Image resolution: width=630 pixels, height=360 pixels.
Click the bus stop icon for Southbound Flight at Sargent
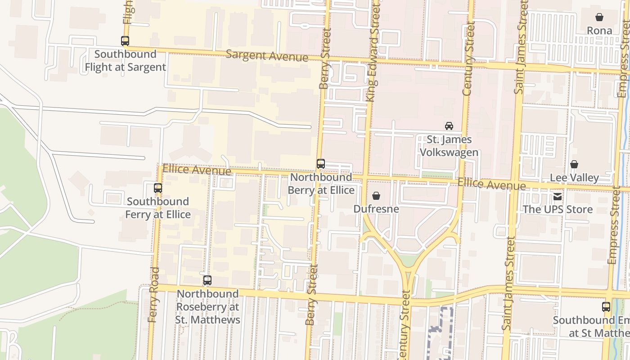pos(125,41)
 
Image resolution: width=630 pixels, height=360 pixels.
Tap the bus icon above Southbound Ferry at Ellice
pos(158,188)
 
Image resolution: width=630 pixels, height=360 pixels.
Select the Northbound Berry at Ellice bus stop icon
pos(321,164)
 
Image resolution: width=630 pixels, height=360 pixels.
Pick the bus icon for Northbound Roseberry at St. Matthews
pos(207,280)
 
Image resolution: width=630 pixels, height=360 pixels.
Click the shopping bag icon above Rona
pos(599,17)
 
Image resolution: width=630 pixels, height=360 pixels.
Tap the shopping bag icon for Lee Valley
pos(574,164)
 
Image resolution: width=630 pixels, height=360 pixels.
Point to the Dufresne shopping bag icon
pos(376,196)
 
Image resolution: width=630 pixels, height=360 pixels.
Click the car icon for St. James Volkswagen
pos(449,126)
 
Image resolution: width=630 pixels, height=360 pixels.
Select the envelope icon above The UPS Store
pos(558,196)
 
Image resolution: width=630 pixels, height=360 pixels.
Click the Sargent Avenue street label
pos(267,56)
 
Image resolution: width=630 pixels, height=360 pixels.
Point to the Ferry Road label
pos(153,295)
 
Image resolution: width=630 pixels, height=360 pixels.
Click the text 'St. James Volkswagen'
pos(449,146)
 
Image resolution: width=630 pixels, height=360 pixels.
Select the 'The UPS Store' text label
pos(558,209)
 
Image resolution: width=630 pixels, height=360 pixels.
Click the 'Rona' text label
pos(599,31)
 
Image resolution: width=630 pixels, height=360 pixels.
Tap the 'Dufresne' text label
pos(376,209)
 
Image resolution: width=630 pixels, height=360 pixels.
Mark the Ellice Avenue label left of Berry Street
pos(197,170)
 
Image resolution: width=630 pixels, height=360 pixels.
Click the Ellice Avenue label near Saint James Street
pos(491,184)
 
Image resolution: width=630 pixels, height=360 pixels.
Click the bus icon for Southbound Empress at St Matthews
pos(606,307)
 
